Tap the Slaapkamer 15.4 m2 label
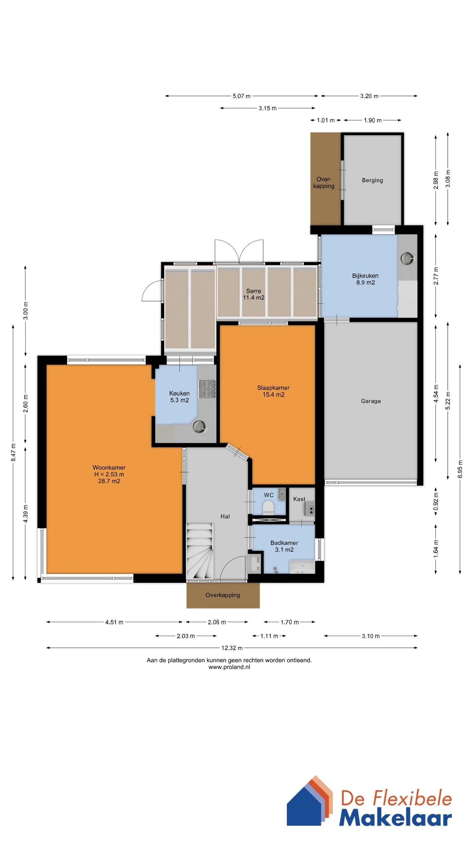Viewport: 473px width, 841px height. point(273,391)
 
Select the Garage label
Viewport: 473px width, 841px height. point(371,401)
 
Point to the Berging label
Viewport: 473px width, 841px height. point(372,180)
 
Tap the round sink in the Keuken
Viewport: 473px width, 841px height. point(199,427)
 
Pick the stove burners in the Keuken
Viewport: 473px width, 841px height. point(207,389)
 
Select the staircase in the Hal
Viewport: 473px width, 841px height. point(200,551)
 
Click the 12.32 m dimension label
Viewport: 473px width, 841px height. point(232,648)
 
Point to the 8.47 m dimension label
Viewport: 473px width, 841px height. point(13,452)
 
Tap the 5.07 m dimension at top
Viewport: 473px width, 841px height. point(241,96)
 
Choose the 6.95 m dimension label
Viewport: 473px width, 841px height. point(460,469)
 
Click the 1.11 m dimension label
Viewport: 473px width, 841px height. point(269,636)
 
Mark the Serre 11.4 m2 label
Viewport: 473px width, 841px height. point(254,294)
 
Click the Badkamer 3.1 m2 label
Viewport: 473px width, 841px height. point(284,546)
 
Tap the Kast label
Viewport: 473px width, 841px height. point(299,499)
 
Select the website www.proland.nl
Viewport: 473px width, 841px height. point(229,667)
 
